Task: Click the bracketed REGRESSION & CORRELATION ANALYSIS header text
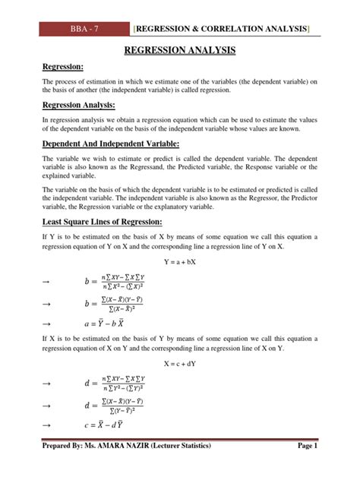223,29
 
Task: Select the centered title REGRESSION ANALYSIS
179,51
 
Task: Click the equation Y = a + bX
179,264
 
